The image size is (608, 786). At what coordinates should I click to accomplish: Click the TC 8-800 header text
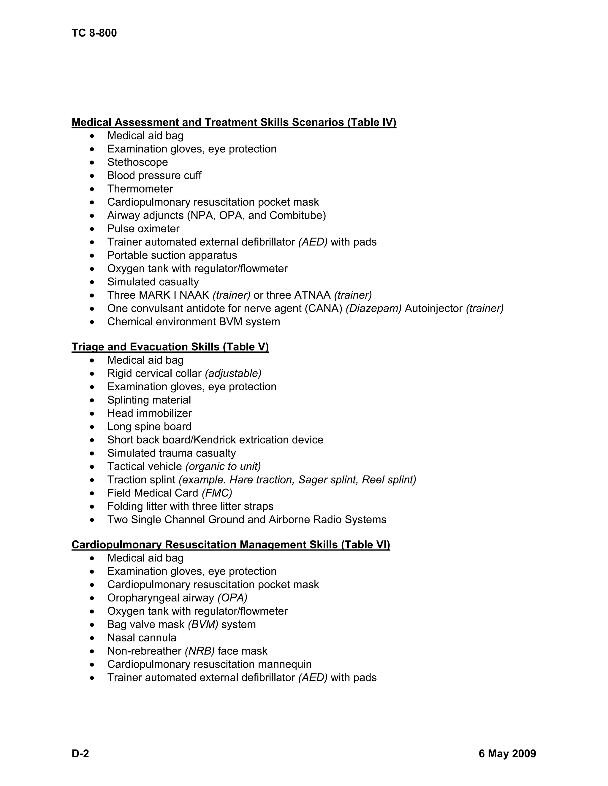click(94, 33)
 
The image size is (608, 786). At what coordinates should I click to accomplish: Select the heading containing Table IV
click(234, 122)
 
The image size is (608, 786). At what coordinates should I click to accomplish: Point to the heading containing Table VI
click(230, 545)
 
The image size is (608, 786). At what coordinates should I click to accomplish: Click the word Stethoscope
click(137, 162)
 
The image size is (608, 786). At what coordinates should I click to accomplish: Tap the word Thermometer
click(140, 189)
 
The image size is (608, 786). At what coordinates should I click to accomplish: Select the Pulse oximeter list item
click(143, 229)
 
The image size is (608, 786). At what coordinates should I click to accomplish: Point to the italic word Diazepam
click(373, 308)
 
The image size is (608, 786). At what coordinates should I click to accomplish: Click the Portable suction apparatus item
click(172, 255)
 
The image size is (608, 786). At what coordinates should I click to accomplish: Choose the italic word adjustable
click(233, 373)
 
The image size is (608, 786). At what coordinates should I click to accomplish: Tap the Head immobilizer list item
click(149, 413)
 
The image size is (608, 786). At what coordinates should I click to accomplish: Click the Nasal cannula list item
click(142, 638)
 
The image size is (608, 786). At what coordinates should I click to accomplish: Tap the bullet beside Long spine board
click(93, 427)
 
